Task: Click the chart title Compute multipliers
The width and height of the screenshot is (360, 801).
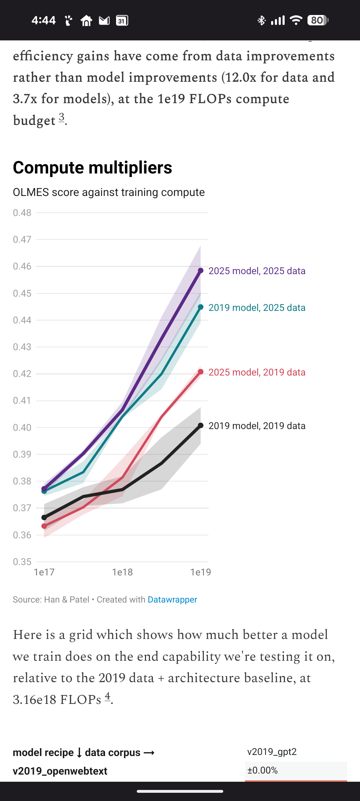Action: pyautogui.click(x=92, y=167)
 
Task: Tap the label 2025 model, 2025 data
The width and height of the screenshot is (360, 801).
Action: pyautogui.click(x=257, y=271)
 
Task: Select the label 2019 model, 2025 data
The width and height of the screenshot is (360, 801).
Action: pyautogui.click(x=257, y=308)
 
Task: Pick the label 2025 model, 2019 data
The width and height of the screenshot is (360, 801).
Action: pyautogui.click(x=257, y=372)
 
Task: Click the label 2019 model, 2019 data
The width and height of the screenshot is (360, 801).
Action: pyautogui.click(x=257, y=426)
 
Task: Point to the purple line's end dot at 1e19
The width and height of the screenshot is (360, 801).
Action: pyautogui.click(x=201, y=271)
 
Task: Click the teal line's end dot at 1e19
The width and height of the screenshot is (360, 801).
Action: pyautogui.click(x=201, y=307)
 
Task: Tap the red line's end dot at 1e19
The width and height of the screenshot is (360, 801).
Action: pyautogui.click(x=201, y=372)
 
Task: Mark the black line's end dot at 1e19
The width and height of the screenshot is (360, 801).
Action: pyautogui.click(x=201, y=425)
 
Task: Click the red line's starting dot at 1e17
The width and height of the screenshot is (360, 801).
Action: pyautogui.click(x=44, y=526)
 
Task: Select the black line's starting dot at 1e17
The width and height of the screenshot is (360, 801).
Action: pyautogui.click(x=44, y=518)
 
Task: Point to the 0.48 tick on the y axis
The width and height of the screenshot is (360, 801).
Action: pyautogui.click(x=22, y=213)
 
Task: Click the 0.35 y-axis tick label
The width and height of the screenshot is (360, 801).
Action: pyautogui.click(x=22, y=562)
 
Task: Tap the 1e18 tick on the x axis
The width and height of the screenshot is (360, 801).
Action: pyautogui.click(x=122, y=572)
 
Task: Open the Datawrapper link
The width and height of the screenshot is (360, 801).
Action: pyautogui.click(x=172, y=600)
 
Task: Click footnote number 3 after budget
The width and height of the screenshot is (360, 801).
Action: pyautogui.click(x=62, y=117)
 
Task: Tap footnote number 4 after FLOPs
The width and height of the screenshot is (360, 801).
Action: pyautogui.click(x=107, y=696)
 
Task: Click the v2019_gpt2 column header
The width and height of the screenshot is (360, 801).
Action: pyautogui.click(x=272, y=752)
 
